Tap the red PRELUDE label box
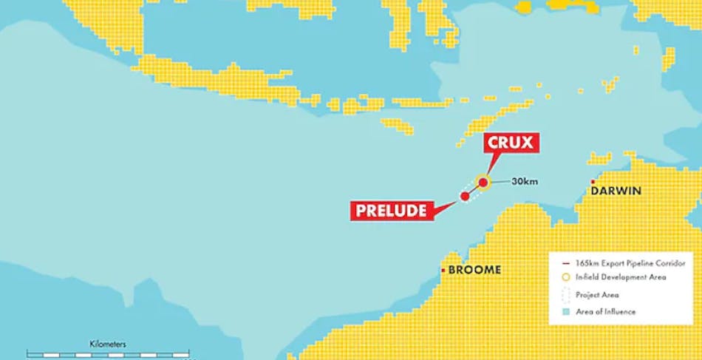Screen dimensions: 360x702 tap(391, 211)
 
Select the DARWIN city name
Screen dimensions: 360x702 tap(616, 191)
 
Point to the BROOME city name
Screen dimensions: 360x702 tap(474, 270)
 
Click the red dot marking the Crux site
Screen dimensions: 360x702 tap(483, 182)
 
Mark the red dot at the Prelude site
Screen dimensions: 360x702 tap(464, 196)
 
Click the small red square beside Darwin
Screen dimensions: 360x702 tap(593, 181)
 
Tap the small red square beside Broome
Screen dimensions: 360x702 tap(443, 270)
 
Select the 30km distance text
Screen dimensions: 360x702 tap(524, 182)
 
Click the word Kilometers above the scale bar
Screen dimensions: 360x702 tap(108, 344)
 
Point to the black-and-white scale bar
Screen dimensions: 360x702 tap(108, 354)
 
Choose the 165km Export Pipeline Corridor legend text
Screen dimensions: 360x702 tap(630, 263)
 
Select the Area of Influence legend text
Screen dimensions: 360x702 tap(605, 311)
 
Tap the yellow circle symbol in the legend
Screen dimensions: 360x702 tap(565, 277)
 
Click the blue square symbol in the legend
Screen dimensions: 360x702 tap(565, 311)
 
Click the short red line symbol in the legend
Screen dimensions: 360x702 tap(565, 263)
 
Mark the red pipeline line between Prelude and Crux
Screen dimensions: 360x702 tap(473, 189)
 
